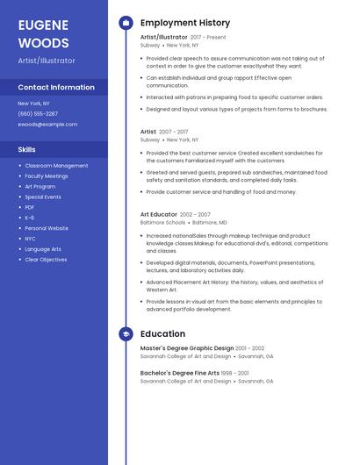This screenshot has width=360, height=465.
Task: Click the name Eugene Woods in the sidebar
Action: [43, 34]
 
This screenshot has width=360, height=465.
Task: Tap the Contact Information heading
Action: [56, 88]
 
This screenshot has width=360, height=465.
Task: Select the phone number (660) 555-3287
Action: [38, 113]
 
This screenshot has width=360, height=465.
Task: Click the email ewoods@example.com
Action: [47, 124]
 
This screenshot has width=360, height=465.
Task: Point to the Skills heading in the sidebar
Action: [26, 149]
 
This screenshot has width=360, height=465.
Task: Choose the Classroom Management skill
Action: [56, 166]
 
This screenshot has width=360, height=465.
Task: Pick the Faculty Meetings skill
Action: [47, 176]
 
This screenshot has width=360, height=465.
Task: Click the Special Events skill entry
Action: [43, 197]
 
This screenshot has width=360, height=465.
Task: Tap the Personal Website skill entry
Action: [47, 228]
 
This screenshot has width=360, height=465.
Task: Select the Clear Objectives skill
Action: [46, 260]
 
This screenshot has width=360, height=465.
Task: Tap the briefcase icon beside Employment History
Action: [126, 23]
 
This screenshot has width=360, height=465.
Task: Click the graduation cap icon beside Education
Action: [126, 334]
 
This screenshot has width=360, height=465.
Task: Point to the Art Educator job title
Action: [158, 214]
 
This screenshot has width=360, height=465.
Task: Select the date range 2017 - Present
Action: [208, 38]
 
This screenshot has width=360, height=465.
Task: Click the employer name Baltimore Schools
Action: [162, 223]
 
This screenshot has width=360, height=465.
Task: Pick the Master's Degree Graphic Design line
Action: [186, 348]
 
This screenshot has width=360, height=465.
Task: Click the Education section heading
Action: [162, 334]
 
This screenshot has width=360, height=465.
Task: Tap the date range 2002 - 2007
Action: [195, 214]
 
